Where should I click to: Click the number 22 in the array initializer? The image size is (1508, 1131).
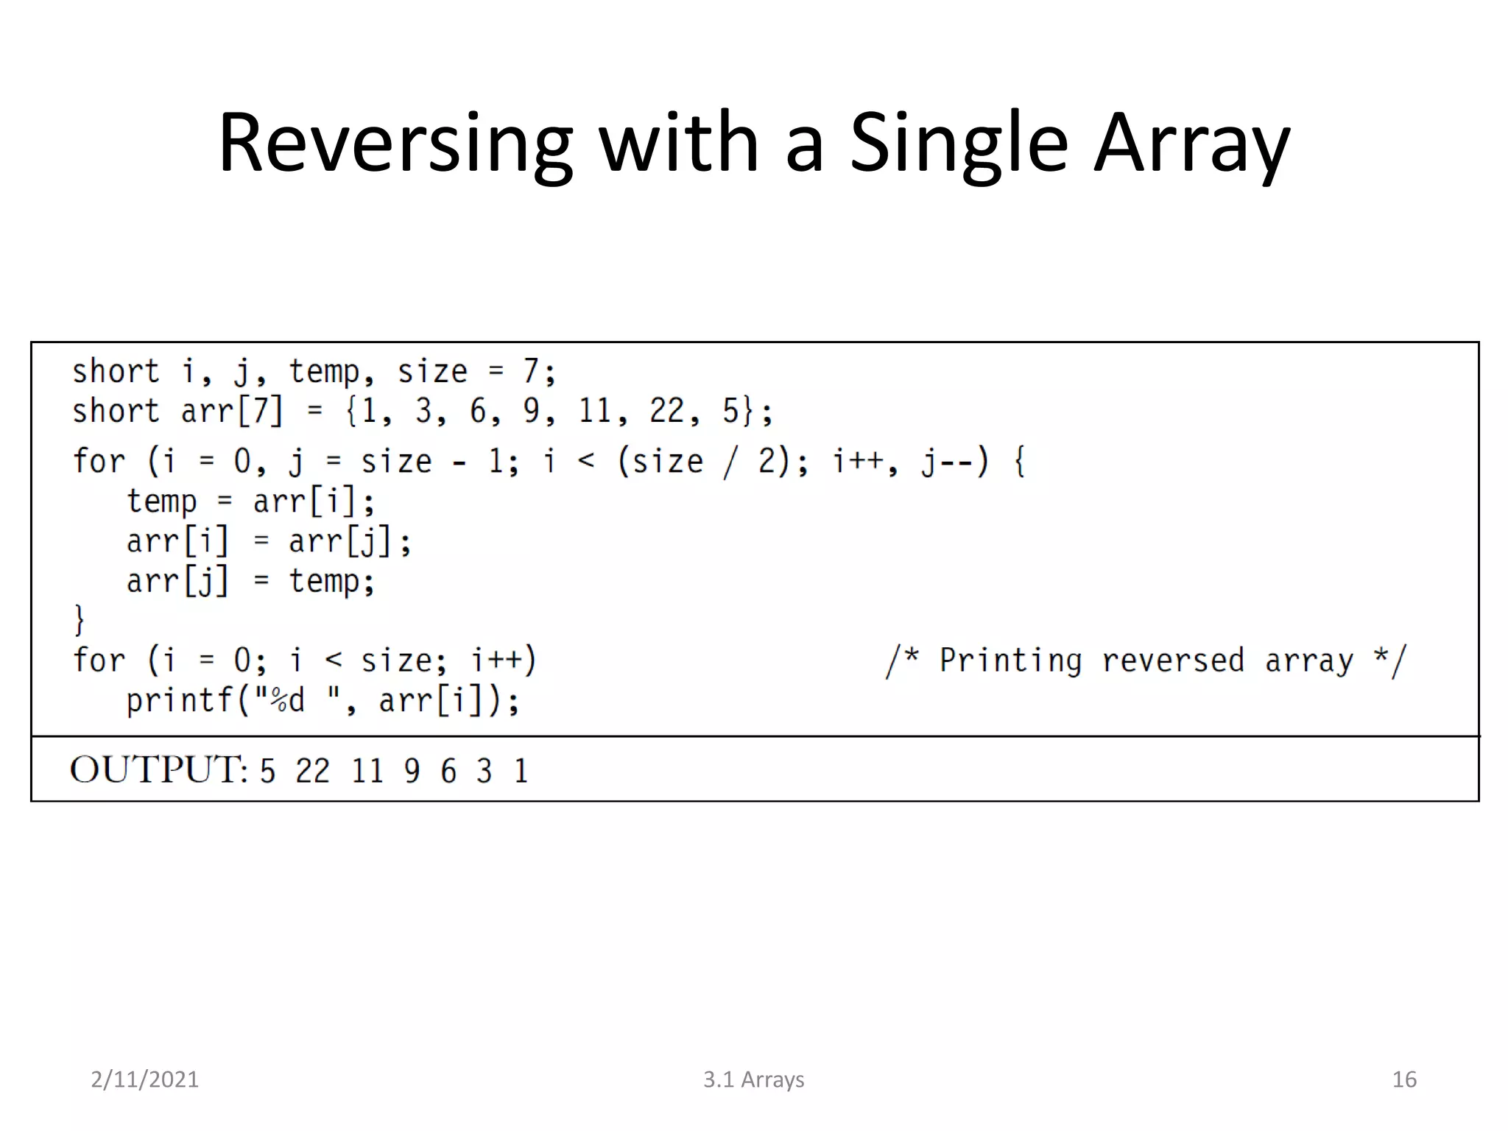[666, 411]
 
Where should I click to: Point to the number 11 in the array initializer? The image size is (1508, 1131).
[595, 411]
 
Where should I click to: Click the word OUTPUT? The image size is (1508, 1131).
[157, 769]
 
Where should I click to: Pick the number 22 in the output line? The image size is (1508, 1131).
[312, 771]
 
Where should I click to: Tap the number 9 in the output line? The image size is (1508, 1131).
[412, 771]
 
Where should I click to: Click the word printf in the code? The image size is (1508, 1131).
[180, 700]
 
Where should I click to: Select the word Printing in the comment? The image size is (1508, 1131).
[1010, 660]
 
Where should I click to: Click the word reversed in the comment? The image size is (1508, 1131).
[1172, 660]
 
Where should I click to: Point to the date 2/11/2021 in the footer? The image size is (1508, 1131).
[144, 1079]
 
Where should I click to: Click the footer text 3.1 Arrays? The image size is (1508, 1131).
[753, 1079]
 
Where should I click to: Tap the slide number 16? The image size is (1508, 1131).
[1404, 1079]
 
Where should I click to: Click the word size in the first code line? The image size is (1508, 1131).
[432, 371]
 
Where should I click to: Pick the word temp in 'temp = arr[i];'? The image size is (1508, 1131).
[162, 502]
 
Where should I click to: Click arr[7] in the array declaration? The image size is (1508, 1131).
[231, 411]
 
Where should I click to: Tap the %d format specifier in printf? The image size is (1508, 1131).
[286, 700]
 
